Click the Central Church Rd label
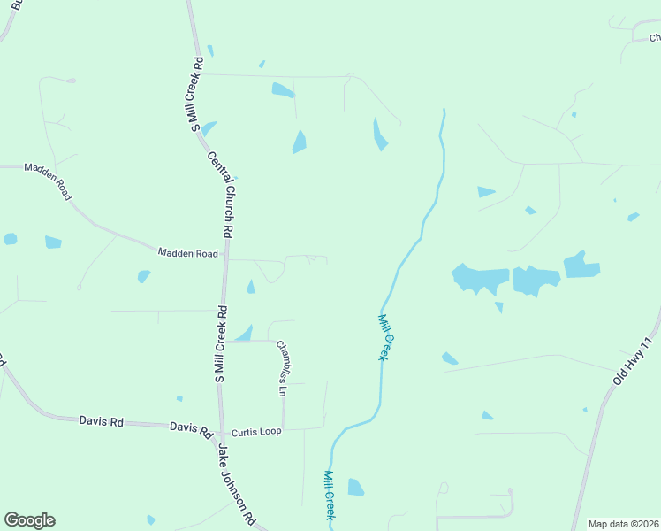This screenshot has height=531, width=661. (x=220, y=195)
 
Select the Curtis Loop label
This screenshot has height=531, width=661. (x=255, y=433)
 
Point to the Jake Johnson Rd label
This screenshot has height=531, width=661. (x=237, y=481)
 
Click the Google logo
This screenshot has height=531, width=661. (x=29, y=520)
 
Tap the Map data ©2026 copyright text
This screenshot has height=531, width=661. (x=624, y=524)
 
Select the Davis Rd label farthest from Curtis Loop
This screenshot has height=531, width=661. (x=101, y=421)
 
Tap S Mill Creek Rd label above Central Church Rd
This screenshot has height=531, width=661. (x=198, y=95)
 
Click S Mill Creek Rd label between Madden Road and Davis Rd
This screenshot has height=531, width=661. (x=220, y=344)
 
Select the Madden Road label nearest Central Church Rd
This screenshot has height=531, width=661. (x=187, y=253)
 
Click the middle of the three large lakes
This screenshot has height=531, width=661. (x=536, y=281)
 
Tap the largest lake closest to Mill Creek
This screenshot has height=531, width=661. (x=480, y=278)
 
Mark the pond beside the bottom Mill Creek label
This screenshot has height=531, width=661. (x=355, y=487)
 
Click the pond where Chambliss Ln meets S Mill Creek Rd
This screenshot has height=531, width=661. (x=244, y=335)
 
